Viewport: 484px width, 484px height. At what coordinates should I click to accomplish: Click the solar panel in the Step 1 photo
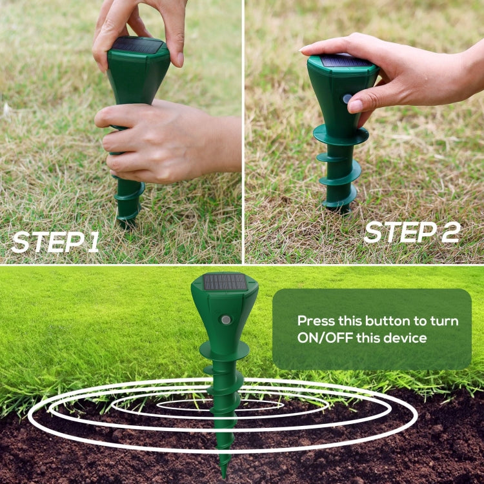tap(137, 45)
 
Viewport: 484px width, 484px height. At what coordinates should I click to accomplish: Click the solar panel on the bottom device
tap(225, 283)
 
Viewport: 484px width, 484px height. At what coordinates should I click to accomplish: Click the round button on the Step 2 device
tap(348, 99)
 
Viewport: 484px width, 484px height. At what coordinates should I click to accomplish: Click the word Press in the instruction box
tap(316, 321)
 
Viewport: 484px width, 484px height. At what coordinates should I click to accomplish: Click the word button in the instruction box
tap(389, 321)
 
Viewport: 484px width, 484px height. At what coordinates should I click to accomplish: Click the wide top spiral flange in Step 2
tap(341, 135)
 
